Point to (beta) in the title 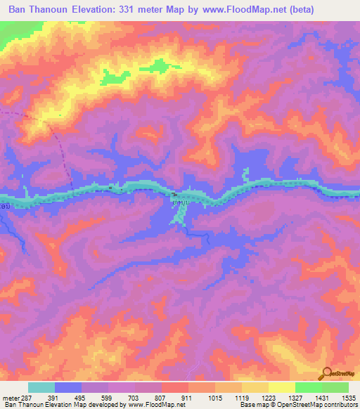pos(297,9)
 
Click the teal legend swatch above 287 pos(41,387)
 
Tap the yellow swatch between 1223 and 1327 pos(281,387)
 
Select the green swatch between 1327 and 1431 pos(308,387)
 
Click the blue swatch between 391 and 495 pos(68,387)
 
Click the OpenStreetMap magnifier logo pos(325,373)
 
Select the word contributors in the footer pos(339,405)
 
